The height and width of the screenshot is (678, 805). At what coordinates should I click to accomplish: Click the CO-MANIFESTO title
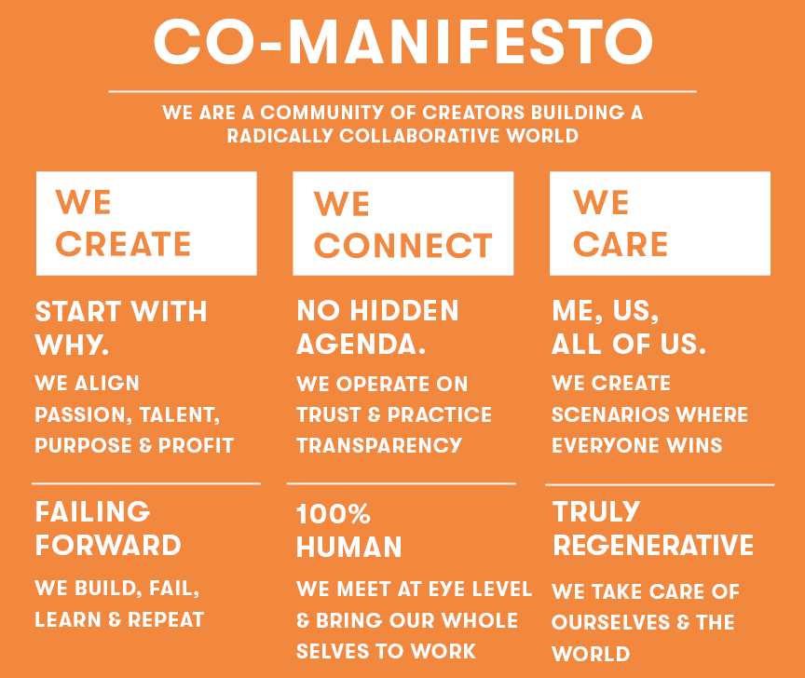coord(403,42)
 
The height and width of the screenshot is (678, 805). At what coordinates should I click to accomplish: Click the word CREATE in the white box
coord(123,244)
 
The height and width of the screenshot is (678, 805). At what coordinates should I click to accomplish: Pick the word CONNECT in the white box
coord(403,246)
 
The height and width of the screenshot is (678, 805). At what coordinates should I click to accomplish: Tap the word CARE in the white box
coord(621,244)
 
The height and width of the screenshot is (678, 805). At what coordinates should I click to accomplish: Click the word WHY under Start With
coord(72,345)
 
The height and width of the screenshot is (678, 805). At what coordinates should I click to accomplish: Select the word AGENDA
coord(361,344)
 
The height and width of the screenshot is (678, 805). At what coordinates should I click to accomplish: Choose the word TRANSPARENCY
coord(379,445)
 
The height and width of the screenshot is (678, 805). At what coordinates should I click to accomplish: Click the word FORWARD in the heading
coord(108,545)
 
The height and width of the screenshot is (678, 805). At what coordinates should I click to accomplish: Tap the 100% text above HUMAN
coord(334,514)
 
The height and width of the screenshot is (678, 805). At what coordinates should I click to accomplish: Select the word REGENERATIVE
coord(653,545)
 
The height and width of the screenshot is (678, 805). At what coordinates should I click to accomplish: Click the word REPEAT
coord(166,620)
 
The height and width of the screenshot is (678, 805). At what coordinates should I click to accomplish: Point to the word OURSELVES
coord(611,622)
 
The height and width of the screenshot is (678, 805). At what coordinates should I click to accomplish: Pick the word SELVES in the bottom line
coord(333,651)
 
